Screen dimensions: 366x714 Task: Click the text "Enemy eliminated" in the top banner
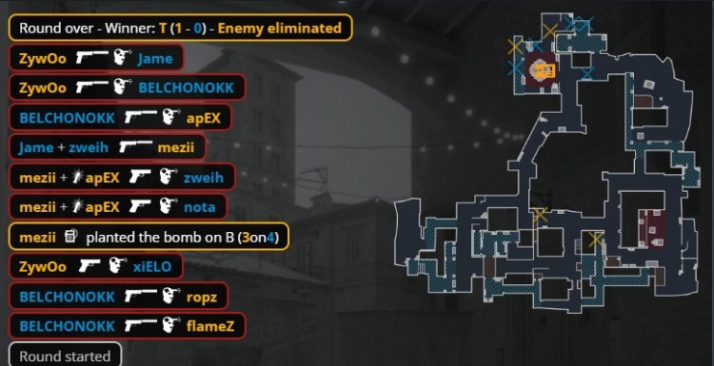tap(280, 28)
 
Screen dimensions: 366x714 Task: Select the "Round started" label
tap(65, 356)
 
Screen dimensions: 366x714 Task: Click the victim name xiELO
tap(154, 267)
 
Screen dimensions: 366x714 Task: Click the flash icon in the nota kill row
tap(79, 206)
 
